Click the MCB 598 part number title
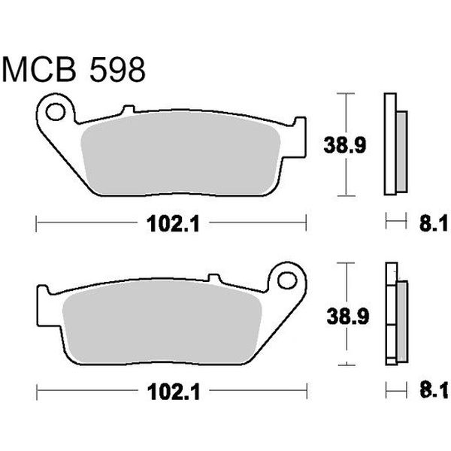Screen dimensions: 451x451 point(74,69)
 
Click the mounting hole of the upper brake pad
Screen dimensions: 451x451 point(55,111)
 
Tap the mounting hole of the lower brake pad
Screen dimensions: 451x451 point(287,280)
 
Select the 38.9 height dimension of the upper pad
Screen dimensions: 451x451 point(345,145)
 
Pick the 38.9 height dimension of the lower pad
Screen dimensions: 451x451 point(348,316)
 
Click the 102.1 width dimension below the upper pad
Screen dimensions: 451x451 point(173,224)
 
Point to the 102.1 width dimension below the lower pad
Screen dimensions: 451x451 point(174,392)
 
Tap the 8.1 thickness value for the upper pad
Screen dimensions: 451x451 point(434,223)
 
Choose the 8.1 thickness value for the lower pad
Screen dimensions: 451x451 point(434,390)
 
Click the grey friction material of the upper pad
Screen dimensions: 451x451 point(180,153)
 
